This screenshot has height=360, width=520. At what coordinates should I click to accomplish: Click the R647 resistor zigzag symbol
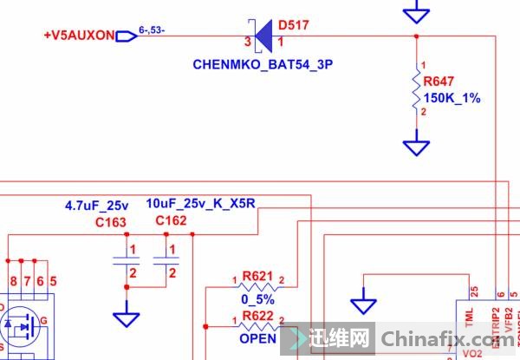pos(417,91)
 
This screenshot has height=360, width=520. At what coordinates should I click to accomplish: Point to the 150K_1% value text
pos(451,98)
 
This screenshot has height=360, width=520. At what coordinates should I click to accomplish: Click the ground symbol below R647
pos(417,146)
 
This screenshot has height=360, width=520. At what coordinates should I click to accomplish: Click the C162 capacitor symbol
pos(165,261)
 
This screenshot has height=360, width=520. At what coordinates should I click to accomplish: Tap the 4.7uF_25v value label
pos(96,206)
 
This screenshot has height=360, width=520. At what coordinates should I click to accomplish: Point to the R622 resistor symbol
pos(258,326)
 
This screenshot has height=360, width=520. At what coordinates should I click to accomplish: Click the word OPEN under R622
pos(258,338)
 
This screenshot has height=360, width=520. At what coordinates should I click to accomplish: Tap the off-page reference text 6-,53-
pos(152,33)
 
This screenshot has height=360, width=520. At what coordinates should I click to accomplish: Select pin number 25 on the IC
pos(474,291)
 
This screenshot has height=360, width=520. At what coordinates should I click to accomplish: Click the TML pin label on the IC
pos(470,322)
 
